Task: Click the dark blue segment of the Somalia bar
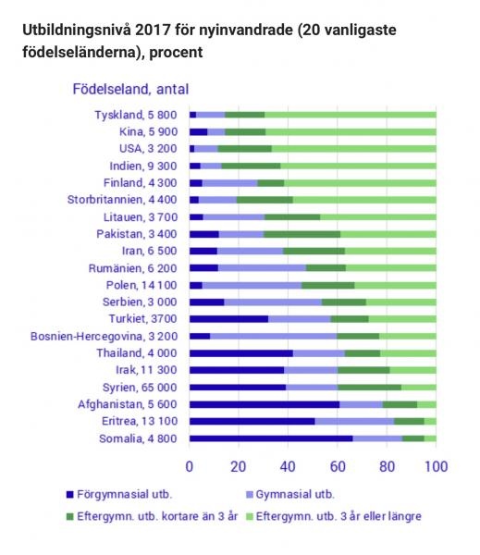tap(271, 438)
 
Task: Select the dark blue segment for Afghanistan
tap(265, 404)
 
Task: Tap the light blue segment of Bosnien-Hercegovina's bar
tap(273, 336)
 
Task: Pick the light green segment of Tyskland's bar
tap(351, 115)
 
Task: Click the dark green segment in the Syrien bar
tap(370, 388)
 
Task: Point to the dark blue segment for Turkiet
tap(229, 319)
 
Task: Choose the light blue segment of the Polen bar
tap(252, 285)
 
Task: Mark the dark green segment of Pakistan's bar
tap(302, 234)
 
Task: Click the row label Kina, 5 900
tap(148, 131)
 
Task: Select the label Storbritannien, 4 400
tap(122, 200)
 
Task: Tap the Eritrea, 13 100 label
tap(140, 421)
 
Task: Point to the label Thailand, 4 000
tap(137, 353)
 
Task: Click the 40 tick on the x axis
tap(288, 466)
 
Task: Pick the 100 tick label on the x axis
tap(437, 466)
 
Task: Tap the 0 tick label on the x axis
tap(190, 466)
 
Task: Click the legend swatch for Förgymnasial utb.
tap(69, 495)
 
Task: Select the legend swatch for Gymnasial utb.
tap(250, 495)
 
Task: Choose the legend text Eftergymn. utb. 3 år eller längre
tap(338, 516)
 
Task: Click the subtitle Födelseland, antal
tap(130, 89)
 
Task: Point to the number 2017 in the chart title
tap(153, 30)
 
